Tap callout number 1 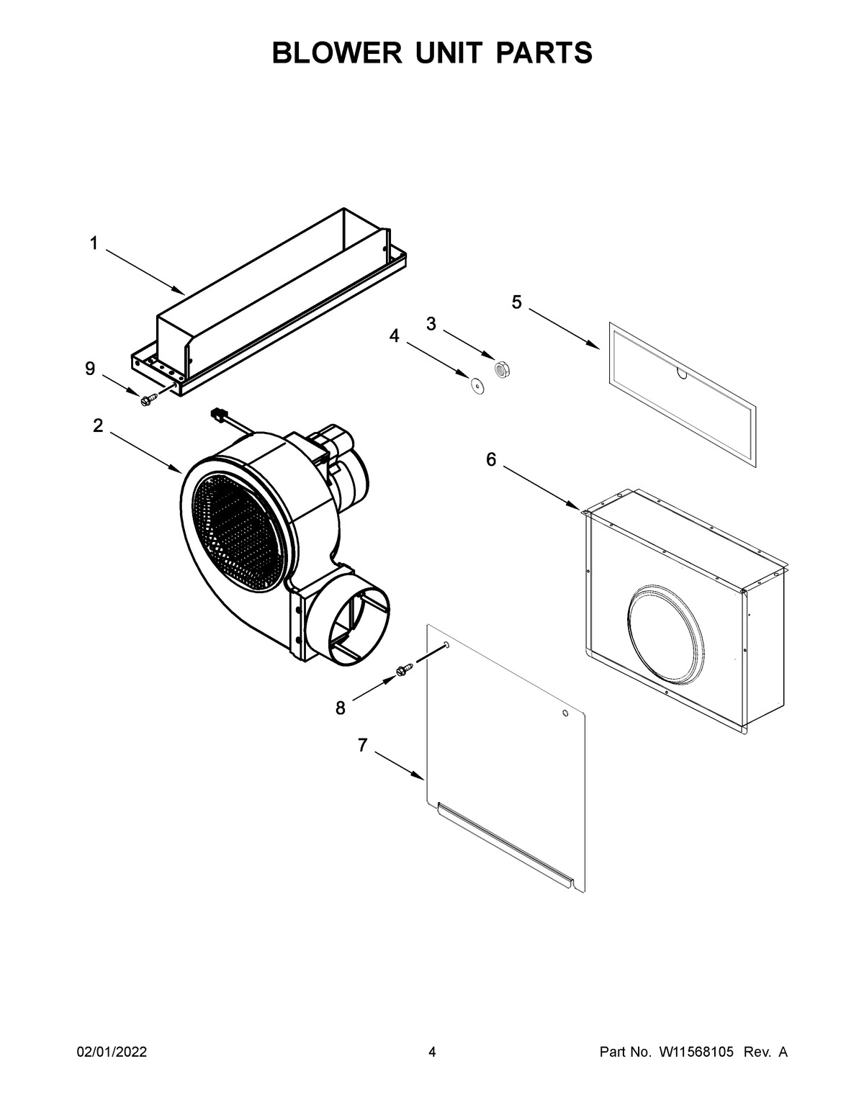click(94, 244)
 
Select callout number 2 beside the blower click(98, 425)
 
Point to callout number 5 click(517, 302)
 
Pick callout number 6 click(491, 459)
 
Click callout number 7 click(363, 746)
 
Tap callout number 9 click(90, 369)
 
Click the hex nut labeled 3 click(502, 368)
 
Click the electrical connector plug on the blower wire click(216, 414)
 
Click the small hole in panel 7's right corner click(564, 713)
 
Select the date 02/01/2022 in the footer click(112, 1052)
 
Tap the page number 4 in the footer click(432, 1052)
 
